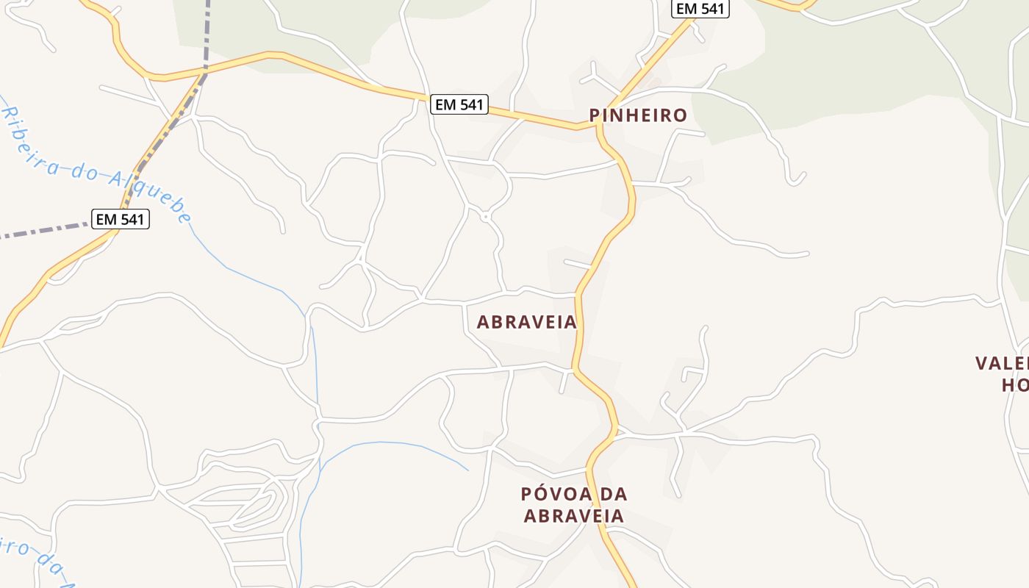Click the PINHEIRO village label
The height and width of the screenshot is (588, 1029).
[638, 115]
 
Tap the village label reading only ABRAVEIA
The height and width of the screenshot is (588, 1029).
[526, 322]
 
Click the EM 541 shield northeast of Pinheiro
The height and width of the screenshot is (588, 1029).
[700, 9]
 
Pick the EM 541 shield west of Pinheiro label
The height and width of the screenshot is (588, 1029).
[459, 104]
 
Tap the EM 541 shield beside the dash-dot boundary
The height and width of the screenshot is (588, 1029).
[121, 219]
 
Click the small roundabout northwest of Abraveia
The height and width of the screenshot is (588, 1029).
[485, 217]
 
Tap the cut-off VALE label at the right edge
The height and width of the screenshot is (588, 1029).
[1001, 363]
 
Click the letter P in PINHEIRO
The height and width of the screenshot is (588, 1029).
[595, 115]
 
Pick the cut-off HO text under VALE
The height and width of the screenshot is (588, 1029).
[1014, 385]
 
